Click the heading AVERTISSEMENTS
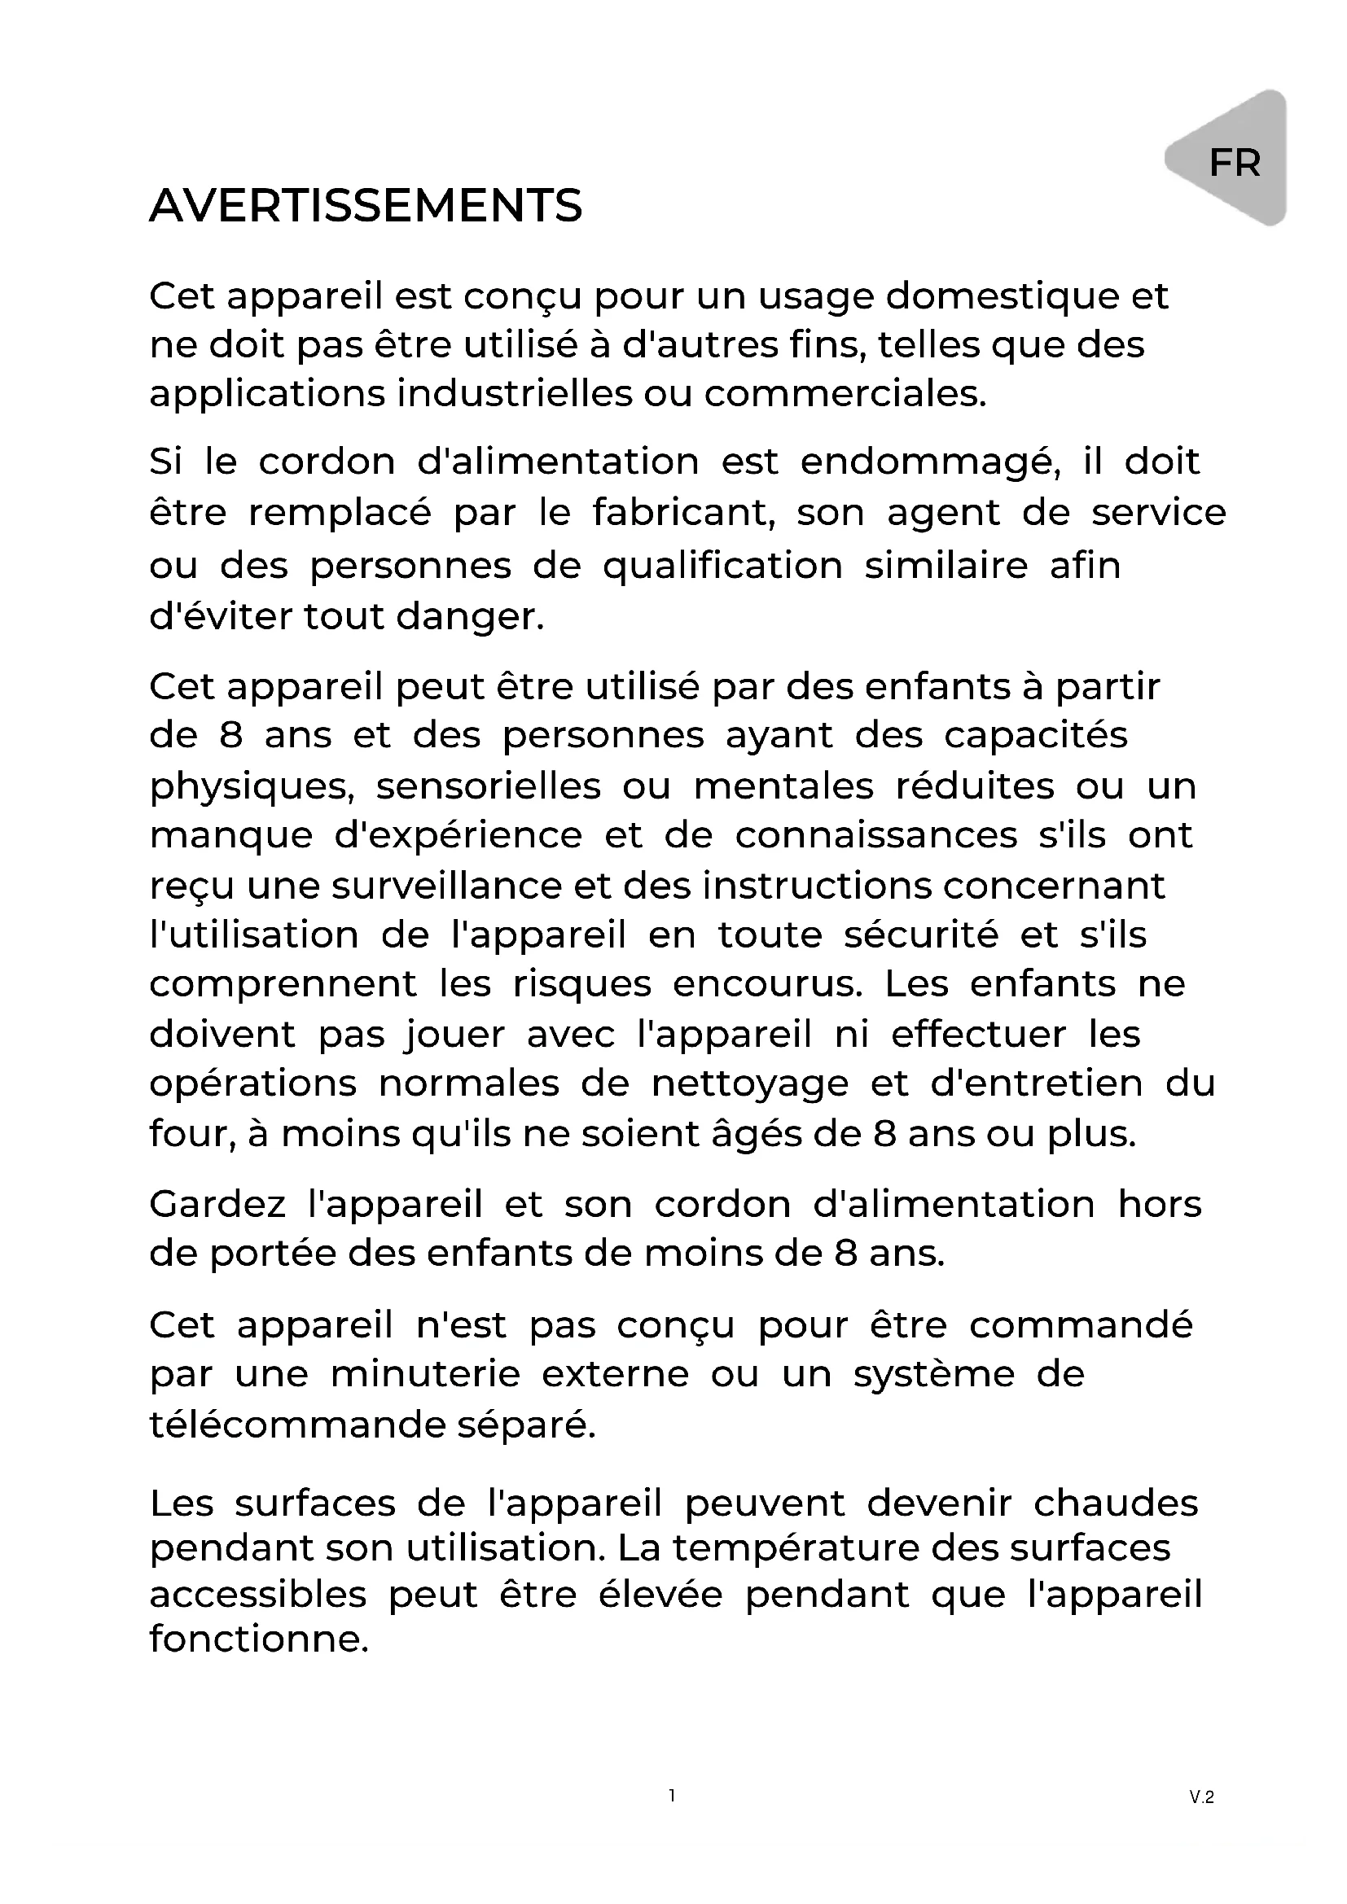tap(366, 206)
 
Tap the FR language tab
tap(1234, 163)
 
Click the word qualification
tap(722, 567)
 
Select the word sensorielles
tap(489, 786)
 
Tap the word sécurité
tap(921, 935)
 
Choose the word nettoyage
tap(750, 1083)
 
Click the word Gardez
tap(217, 1205)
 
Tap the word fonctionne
tap(259, 1639)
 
